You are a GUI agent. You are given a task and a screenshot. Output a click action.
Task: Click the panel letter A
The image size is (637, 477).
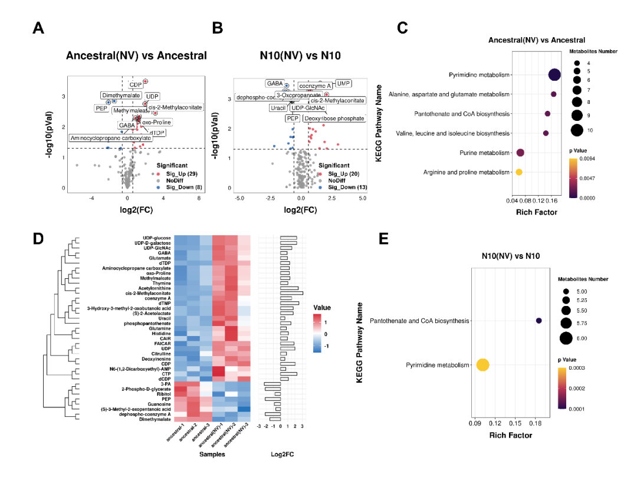pyautogui.click(x=38, y=28)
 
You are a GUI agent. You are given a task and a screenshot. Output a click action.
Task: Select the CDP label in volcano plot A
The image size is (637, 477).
pyautogui.click(x=136, y=85)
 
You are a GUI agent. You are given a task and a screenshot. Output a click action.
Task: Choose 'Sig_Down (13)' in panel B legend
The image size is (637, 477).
pyautogui.click(x=339, y=187)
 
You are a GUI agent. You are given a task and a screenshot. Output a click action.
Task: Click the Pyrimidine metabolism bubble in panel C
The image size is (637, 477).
pyautogui.click(x=554, y=75)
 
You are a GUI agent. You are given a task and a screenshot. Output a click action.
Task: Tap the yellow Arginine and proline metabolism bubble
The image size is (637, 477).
pyautogui.click(x=519, y=172)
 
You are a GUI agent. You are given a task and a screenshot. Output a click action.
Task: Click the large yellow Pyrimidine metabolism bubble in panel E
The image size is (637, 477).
pyautogui.click(x=482, y=366)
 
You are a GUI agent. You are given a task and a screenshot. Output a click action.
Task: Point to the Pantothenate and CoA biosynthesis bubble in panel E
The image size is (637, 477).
pyautogui.click(x=539, y=321)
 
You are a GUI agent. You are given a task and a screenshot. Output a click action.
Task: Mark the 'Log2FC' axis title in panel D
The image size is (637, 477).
pyautogui.click(x=281, y=455)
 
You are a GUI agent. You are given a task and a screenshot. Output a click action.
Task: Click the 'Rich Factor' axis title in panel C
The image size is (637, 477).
pyautogui.click(x=536, y=212)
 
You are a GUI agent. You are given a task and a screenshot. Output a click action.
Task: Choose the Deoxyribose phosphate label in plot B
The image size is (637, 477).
pyautogui.click(x=334, y=119)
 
